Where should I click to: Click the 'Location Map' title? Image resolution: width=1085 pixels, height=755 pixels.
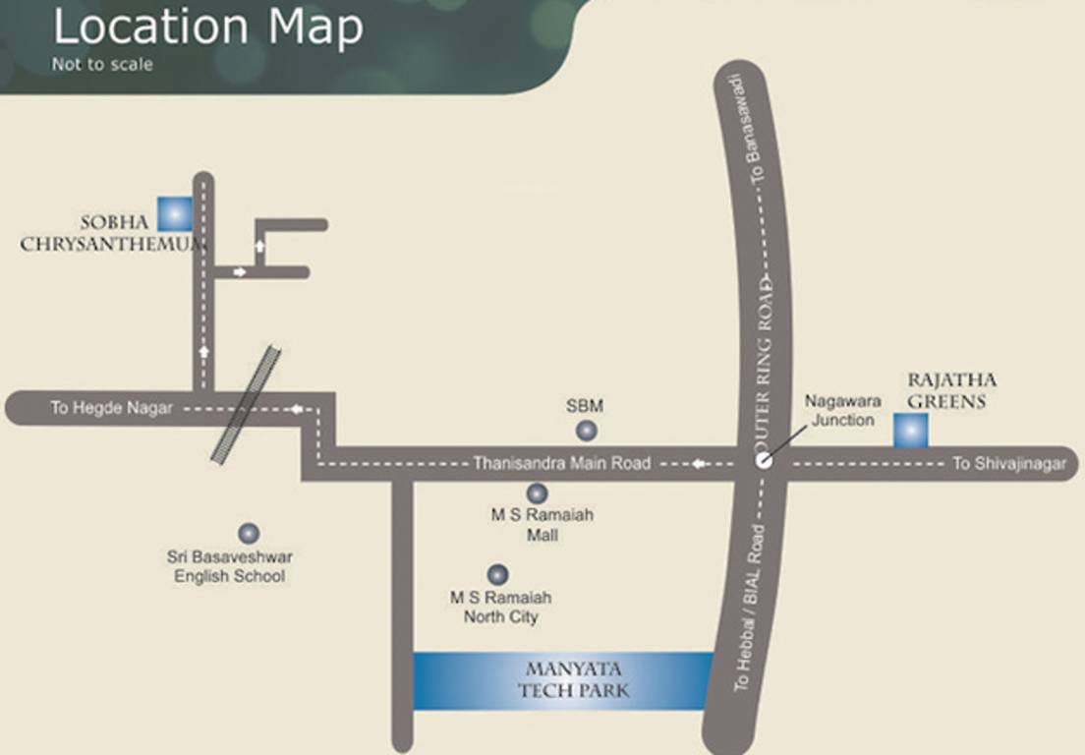click(207, 29)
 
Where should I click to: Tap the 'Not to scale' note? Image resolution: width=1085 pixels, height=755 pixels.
click(102, 66)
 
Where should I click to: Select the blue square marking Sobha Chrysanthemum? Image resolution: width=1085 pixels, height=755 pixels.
click(176, 213)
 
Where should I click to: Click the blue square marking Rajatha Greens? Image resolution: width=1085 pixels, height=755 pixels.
click(910, 431)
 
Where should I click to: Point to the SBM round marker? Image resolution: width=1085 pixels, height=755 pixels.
click(586, 431)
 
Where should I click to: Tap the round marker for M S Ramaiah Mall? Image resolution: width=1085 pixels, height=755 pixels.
click(537, 494)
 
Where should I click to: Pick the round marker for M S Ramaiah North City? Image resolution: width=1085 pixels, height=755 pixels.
click(498, 574)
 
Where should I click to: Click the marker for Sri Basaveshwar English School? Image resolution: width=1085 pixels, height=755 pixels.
click(249, 533)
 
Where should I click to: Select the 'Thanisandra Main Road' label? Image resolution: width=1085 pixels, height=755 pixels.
click(561, 463)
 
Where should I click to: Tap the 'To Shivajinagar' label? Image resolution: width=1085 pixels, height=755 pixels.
click(1008, 464)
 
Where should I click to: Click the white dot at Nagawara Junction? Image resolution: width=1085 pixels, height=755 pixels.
click(765, 461)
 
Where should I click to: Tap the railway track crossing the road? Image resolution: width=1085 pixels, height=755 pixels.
click(246, 403)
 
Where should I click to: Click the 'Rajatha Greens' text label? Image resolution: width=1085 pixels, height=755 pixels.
click(951, 390)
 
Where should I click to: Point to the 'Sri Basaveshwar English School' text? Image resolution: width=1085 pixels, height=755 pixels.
click(229, 566)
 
